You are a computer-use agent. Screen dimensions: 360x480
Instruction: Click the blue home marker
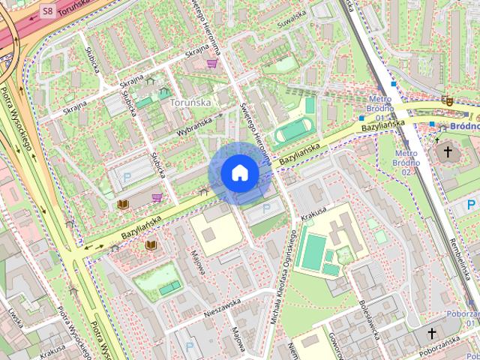click(x=239, y=172)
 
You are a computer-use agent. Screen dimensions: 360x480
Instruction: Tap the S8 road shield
click(x=48, y=11)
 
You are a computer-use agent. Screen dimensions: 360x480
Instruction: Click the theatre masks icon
click(x=448, y=100)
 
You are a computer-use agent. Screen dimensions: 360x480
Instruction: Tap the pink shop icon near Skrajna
click(x=213, y=64)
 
